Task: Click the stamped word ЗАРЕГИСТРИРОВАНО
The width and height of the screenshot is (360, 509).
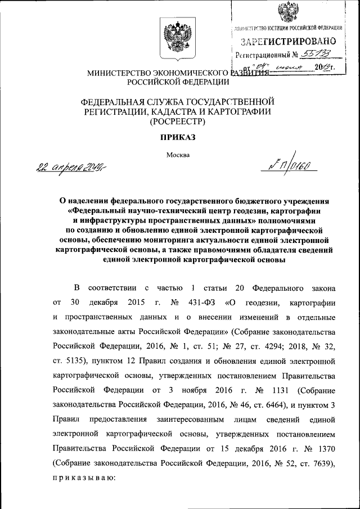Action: click(289, 41)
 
